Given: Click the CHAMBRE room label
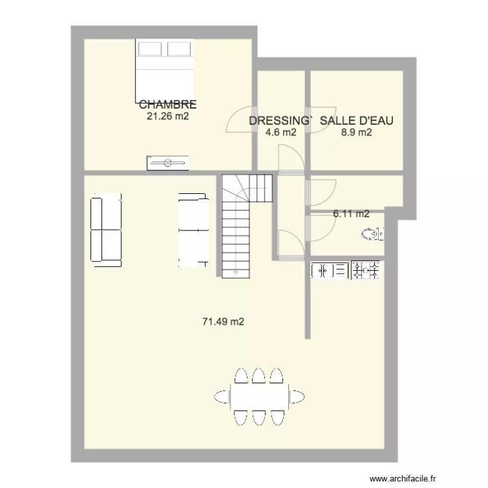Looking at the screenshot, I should (167, 104).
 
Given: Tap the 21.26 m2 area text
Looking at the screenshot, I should (167, 116).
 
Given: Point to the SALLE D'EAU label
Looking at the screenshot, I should (357, 120).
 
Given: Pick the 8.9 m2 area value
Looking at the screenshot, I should (357, 133).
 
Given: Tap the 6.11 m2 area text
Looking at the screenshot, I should (351, 213).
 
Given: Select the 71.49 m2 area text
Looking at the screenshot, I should (223, 321).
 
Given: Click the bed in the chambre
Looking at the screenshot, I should (165, 72).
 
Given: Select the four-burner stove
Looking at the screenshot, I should (366, 270).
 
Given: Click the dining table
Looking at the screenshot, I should (260, 395).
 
